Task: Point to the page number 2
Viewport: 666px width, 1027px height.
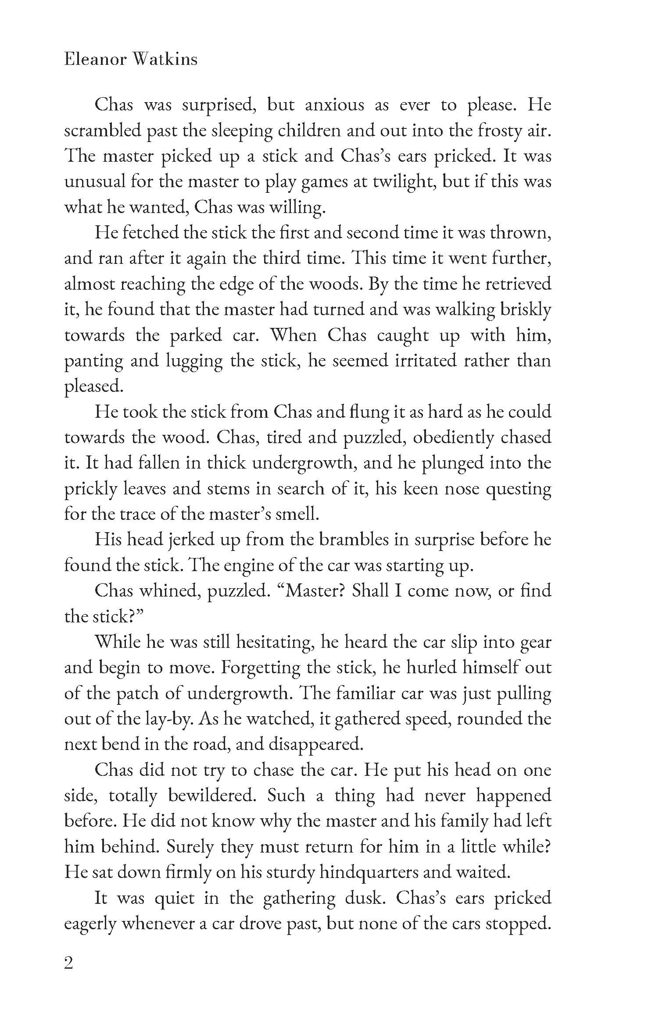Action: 68,964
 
